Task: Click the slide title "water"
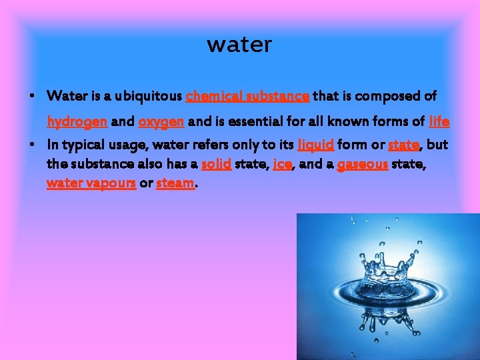click(239, 45)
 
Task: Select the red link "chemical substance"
click(247, 97)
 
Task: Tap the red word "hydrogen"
click(77, 122)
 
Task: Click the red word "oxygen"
click(161, 122)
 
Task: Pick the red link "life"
click(439, 122)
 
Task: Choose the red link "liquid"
click(315, 145)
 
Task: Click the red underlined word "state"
click(403, 145)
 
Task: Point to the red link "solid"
click(216, 164)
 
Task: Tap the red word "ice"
click(282, 164)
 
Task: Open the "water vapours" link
click(91, 183)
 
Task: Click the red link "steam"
click(175, 183)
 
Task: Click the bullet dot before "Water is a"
click(31, 97)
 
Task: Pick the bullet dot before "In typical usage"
click(31, 145)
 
